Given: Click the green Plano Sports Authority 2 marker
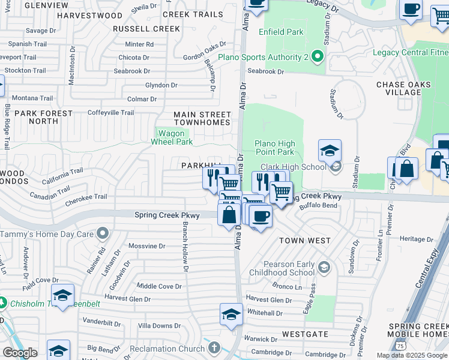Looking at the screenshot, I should pos(318,57).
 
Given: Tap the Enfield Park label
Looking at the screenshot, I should pos(282,32).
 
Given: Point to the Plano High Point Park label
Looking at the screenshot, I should pos(274,148).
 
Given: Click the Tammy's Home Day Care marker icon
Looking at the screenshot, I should pos(103,233).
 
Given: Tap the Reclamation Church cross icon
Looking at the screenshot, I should pos(214,348).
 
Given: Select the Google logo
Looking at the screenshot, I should pos(20,353).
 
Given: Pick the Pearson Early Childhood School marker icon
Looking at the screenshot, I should pos(324,266).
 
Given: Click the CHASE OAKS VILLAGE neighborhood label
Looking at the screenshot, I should pos(406,88).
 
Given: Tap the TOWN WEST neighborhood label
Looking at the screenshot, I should pos(305,241).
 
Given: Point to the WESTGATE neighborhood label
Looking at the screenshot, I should pos(305,334).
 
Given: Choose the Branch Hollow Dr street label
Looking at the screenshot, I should pos(185,245).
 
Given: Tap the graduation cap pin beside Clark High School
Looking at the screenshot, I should pos(330,152).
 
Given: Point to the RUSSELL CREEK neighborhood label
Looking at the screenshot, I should pos(146,28).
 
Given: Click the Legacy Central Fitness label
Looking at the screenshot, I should pos(410,52).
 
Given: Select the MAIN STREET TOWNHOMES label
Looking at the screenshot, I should pos(202,118).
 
